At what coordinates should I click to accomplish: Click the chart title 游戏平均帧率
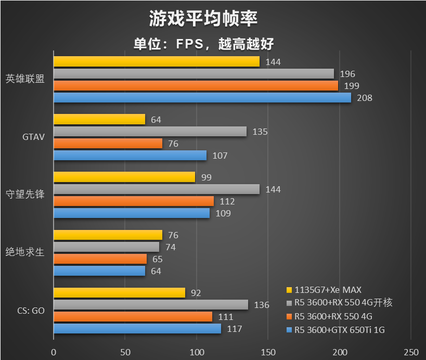tap(203, 19)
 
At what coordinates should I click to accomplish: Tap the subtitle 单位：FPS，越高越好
tap(203, 44)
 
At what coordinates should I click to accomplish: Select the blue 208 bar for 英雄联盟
tap(202, 97)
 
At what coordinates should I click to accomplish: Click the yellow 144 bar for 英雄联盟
tap(156, 62)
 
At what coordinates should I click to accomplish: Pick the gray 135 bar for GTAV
tap(150, 132)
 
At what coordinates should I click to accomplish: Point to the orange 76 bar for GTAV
tap(108, 144)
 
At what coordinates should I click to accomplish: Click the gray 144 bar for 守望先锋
tap(156, 189)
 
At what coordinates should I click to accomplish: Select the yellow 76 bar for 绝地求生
tap(108, 235)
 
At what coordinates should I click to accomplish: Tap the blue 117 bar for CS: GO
tap(137, 329)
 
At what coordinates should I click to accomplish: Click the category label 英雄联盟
tap(25, 80)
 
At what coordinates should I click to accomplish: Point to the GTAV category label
tap(34, 137)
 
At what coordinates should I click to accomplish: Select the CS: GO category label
tap(31, 311)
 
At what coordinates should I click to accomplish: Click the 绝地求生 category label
tap(25, 253)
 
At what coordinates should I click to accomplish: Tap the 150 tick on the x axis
tap(268, 351)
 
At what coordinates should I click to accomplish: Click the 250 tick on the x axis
tap(411, 351)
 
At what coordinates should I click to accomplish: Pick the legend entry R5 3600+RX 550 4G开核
tap(340, 303)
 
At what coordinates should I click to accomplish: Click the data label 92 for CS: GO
tap(196, 293)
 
